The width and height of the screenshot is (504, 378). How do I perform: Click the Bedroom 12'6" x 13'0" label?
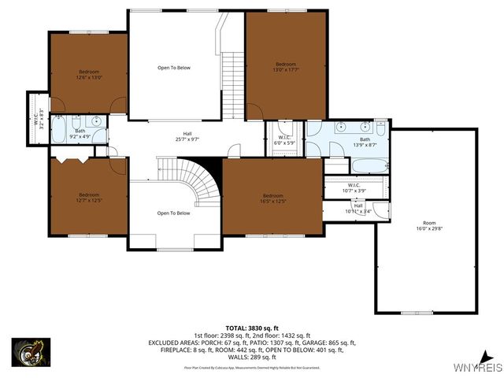89,74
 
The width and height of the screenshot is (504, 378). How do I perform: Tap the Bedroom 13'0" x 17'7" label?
285,67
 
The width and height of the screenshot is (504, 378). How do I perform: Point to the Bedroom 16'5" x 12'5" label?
272,198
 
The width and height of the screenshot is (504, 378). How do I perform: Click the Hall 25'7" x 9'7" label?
187,136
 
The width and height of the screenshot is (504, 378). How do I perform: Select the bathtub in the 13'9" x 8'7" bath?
369,166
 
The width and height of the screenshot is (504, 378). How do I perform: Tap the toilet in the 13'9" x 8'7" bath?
381,126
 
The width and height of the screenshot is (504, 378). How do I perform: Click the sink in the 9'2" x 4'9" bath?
95,121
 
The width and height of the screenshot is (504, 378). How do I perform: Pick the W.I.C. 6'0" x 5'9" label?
285,140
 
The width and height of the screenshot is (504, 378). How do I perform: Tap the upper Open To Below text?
174,68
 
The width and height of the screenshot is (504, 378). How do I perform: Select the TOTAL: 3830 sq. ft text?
252,327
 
